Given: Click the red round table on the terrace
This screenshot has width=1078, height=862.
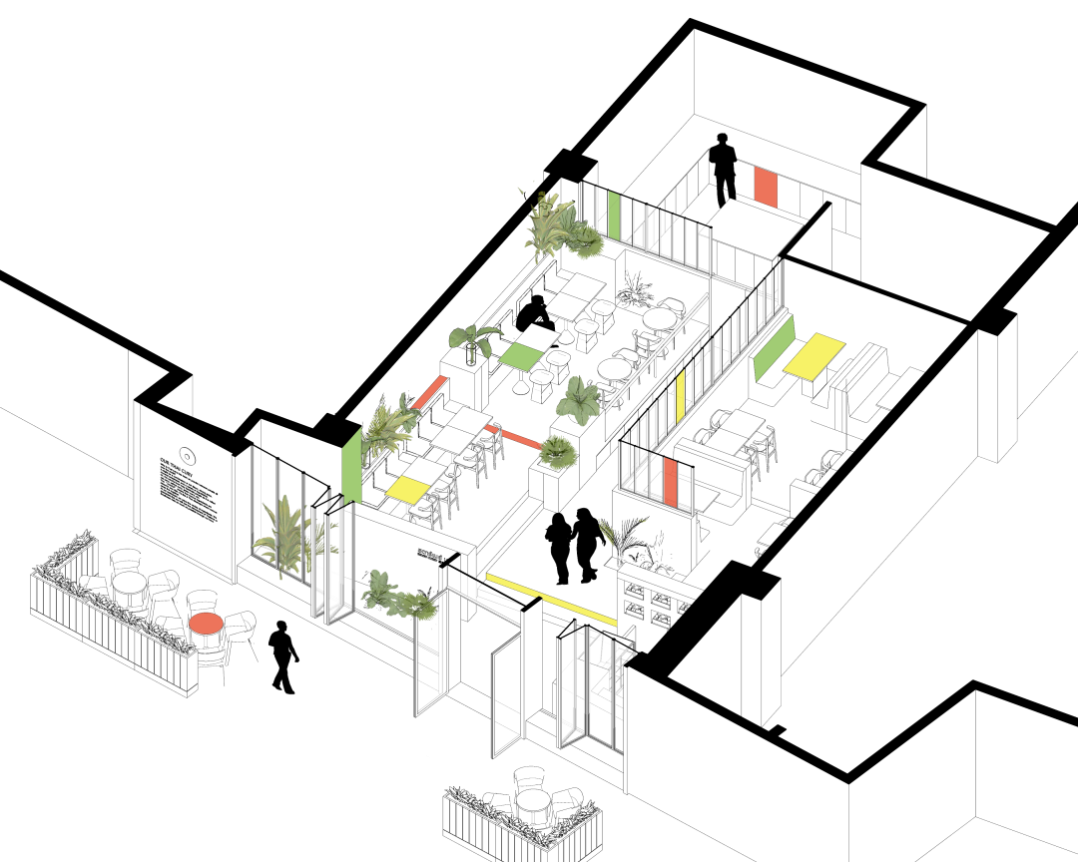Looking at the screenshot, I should pos(207,624).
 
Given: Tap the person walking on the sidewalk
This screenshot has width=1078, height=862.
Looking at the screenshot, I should pos(282,656).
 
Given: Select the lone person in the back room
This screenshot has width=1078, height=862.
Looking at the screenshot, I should pos(723,171).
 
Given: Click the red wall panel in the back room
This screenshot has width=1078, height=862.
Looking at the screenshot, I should pos(766,187).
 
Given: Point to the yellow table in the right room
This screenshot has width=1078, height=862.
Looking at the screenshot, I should pos(813,356).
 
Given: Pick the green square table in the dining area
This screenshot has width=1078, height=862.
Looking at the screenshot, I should pos(520,354).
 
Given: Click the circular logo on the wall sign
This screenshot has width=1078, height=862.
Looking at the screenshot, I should pos(186,458).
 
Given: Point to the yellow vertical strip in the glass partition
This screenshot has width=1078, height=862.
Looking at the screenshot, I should pos(680,397).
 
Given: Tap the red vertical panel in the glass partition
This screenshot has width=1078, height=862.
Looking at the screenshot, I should pos(671,482).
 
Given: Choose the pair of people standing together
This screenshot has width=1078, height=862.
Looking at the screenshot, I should pos(571,546).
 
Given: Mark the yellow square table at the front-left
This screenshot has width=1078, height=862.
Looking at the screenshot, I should pos(406,488).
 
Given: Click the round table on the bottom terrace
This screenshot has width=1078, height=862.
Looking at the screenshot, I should pos(531,801).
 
